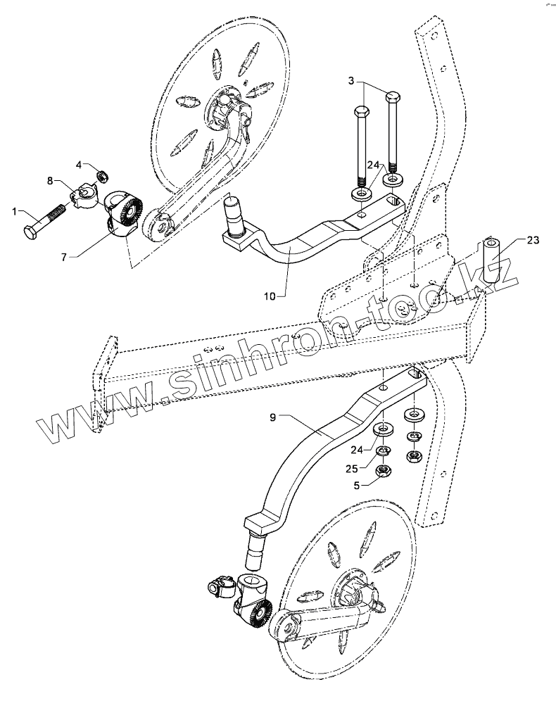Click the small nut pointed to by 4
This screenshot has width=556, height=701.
[101, 175]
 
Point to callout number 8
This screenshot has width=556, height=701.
[51, 181]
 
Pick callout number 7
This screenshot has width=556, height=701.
[64, 258]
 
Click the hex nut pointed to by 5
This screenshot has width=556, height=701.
[384, 470]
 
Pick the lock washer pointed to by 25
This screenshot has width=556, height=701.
[384, 451]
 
